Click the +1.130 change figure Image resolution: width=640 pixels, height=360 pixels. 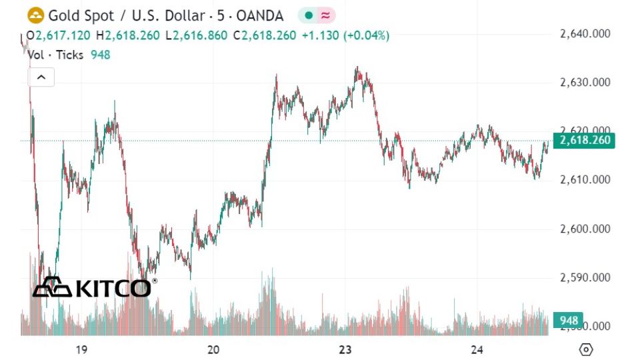pyautogui.click(x=320, y=35)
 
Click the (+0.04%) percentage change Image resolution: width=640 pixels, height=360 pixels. pyautogui.click(x=366, y=35)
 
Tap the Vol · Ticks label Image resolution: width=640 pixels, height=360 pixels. pyautogui.click(x=55, y=55)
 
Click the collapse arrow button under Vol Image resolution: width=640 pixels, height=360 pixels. pyautogui.click(x=41, y=77)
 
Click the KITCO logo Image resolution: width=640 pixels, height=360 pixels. pyautogui.click(x=93, y=288)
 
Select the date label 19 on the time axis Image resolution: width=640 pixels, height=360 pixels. pyautogui.click(x=82, y=349)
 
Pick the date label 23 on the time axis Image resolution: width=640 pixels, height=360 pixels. pyautogui.click(x=345, y=349)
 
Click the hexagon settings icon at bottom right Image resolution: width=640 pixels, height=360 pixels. pyautogui.click(x=586, y=349)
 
